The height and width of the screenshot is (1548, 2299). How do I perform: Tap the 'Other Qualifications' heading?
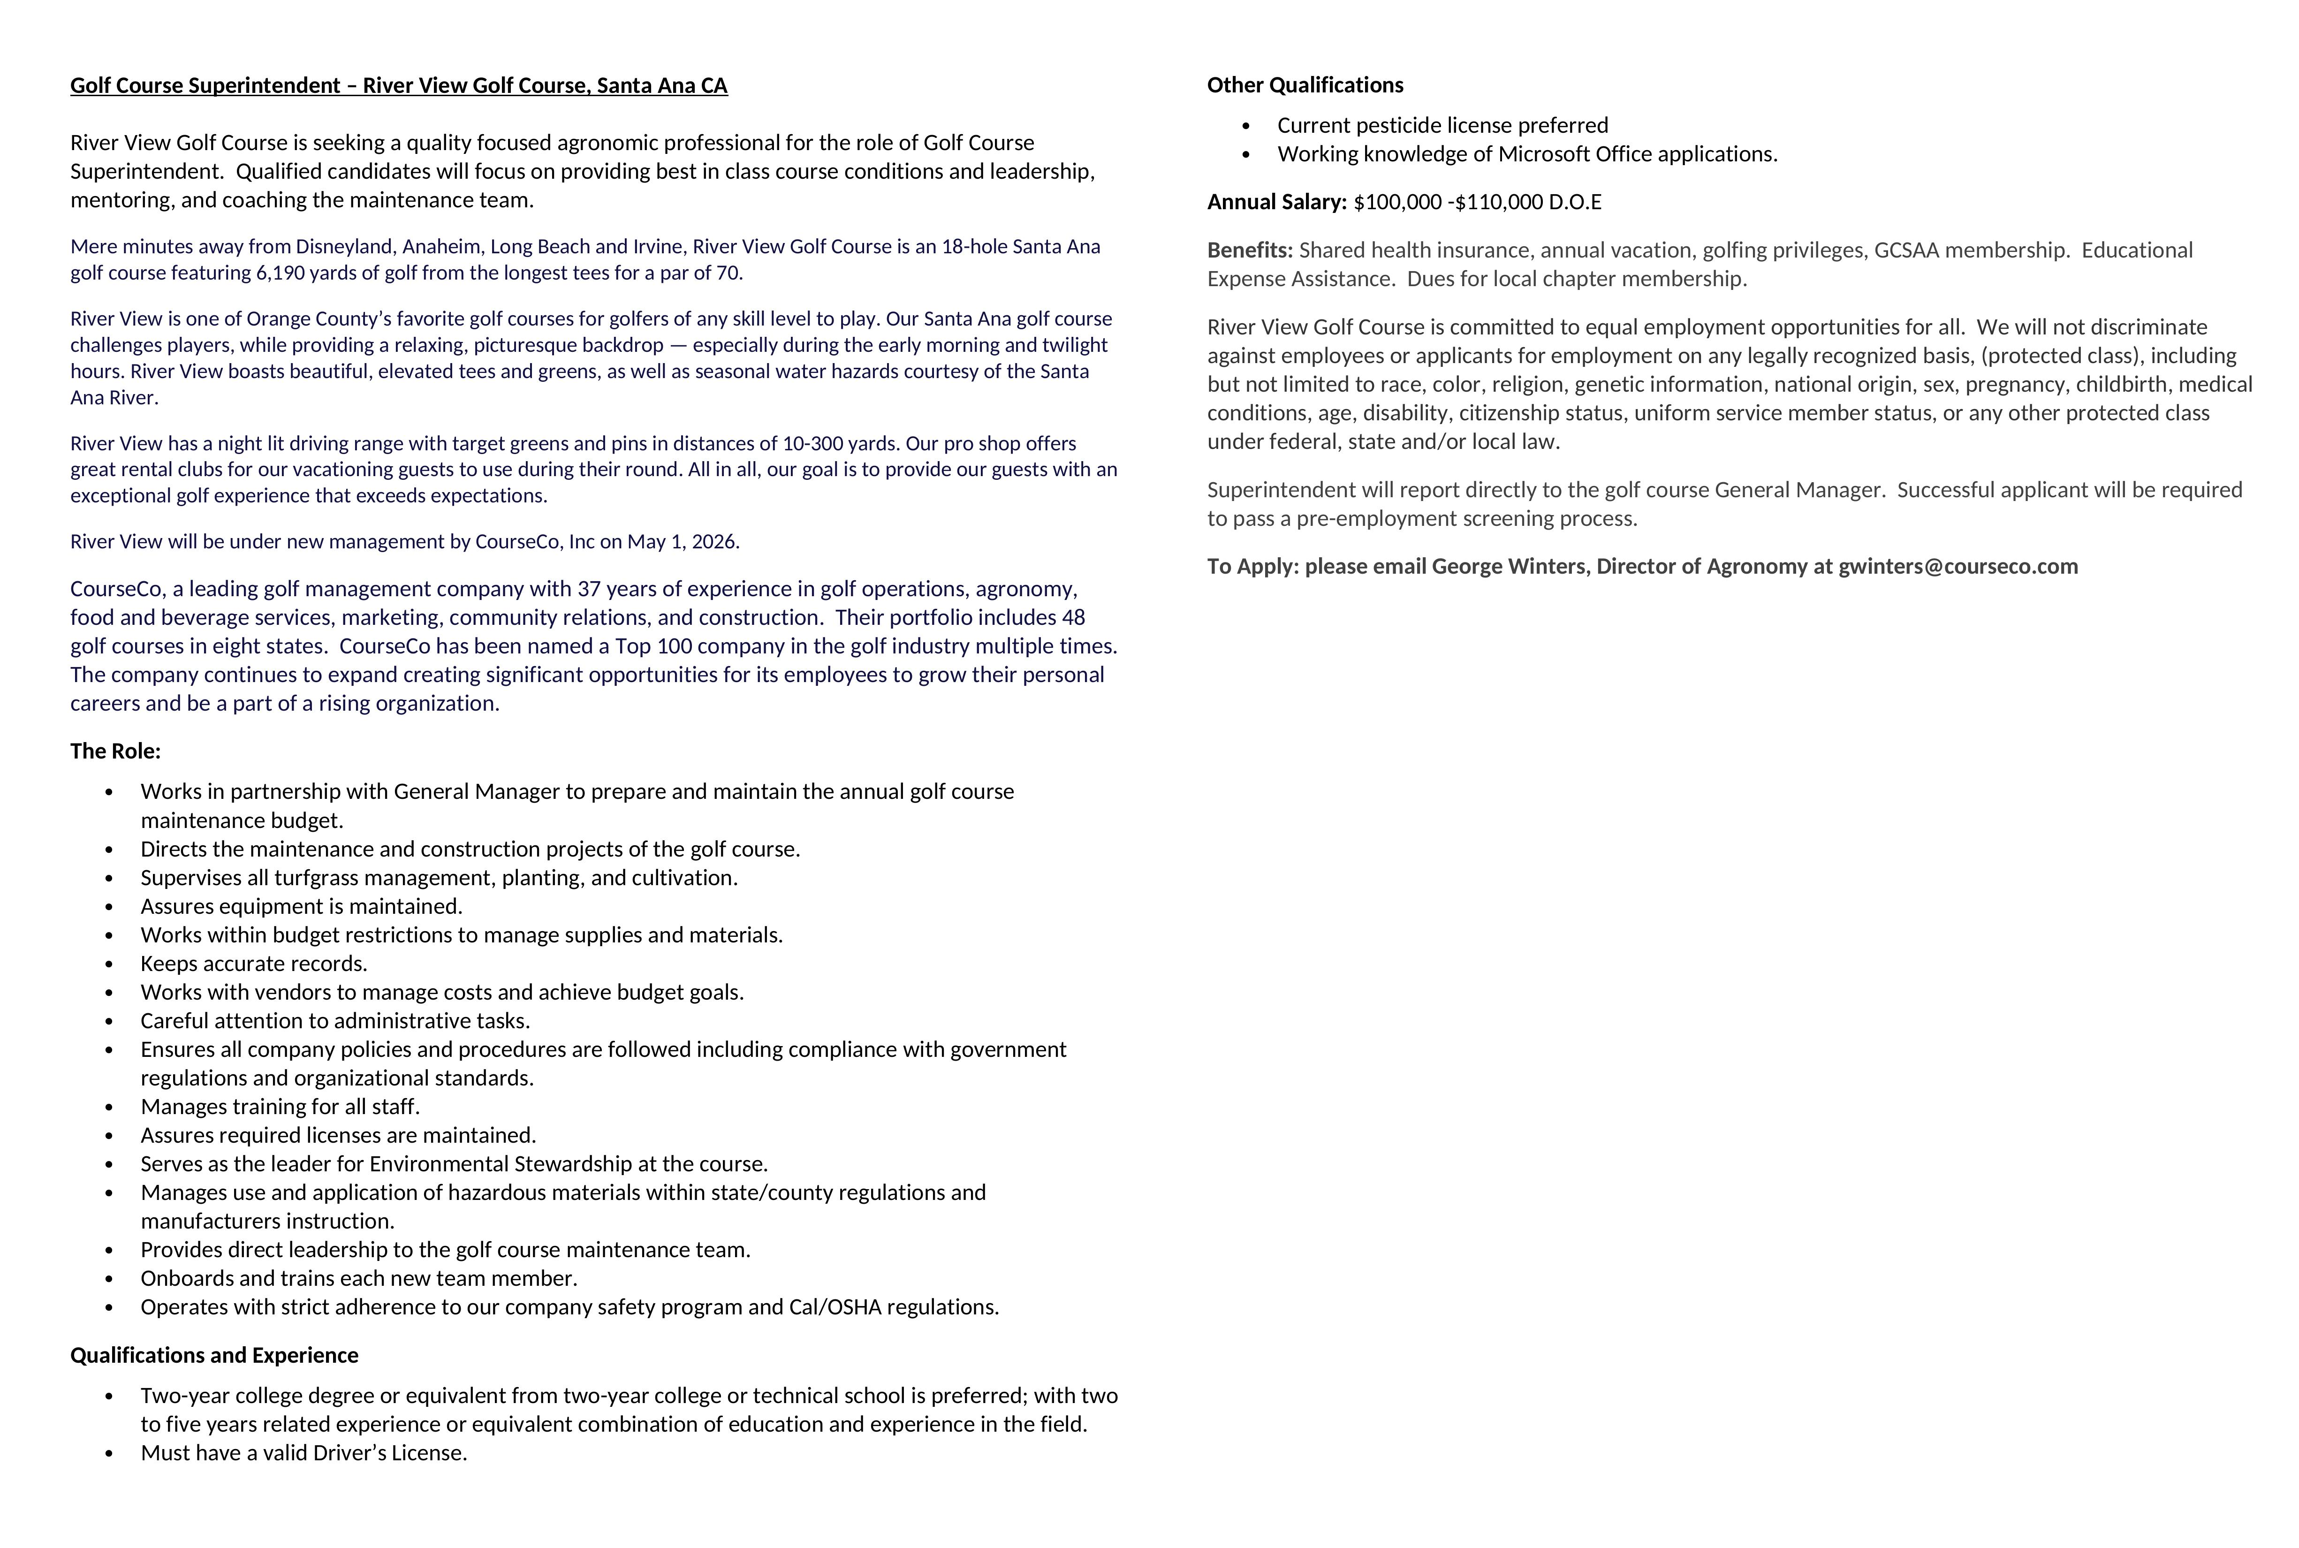tap(1305, 85)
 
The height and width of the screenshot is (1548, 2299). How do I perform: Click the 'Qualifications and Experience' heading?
tap(214, 1356)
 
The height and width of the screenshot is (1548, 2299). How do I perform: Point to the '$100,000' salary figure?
tap(1397, 202)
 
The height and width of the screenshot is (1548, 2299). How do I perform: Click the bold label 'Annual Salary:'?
tap(1276, 202)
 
